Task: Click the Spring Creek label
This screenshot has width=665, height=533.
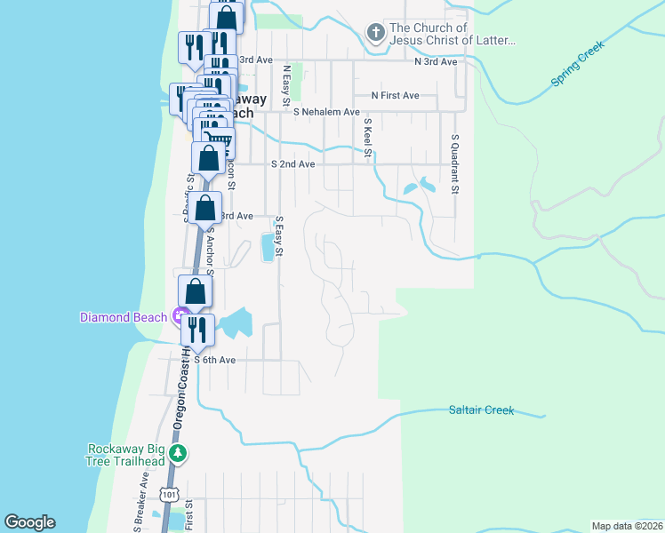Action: (x=578, y=63)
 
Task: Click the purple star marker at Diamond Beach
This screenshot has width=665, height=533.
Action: (x=179, y=316)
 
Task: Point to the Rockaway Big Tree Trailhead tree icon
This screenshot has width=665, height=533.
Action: (x=179, y=455)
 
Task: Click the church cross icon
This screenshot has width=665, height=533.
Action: (x=375, y=34)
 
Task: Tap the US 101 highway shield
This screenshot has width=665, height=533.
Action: (x=170, y=493)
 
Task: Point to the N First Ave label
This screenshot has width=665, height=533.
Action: (x=395, y=95)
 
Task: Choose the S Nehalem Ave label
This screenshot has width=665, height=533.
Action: (x=326, y=113)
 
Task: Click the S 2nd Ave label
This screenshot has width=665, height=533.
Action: (x=292, y=164)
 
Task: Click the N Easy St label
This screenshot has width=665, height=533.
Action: (x=286, y=84)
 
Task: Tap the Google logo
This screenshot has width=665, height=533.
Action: (x=30, y=522)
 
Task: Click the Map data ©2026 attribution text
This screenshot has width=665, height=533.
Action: (x=627, y=526)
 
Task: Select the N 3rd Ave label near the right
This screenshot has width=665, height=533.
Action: (x=436, y=61)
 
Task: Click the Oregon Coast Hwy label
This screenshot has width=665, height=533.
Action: (x=179, y=391)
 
